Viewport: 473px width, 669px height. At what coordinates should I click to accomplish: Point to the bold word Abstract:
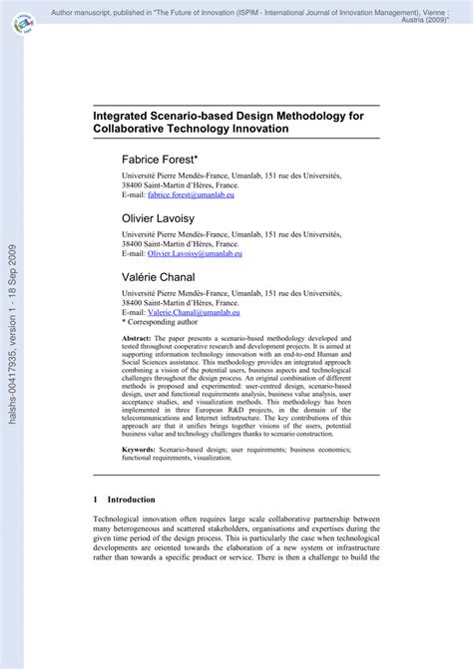140,340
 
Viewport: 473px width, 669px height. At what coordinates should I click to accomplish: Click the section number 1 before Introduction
96,499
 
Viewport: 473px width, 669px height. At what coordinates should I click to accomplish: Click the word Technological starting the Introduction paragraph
120,518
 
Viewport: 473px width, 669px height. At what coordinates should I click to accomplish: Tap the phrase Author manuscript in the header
89,9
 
